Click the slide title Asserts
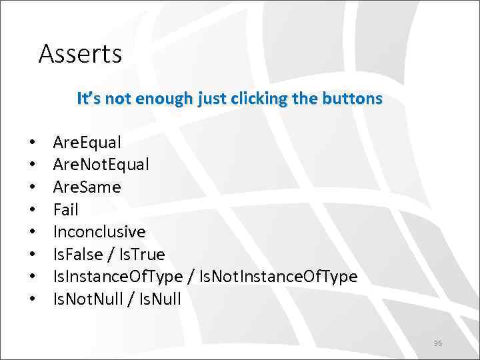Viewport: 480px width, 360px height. (x=80, y=53)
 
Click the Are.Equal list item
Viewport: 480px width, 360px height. (x=87, y=143)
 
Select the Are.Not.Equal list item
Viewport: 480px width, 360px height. (x=101, y=165)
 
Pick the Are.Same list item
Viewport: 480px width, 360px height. (x=87, y=187)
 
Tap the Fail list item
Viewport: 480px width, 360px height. (x=65, y=210)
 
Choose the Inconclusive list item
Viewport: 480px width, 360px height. (x=99, y=232)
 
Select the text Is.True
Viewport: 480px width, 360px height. (x=141, y=255)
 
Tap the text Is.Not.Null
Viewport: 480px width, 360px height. (x=88, y=299)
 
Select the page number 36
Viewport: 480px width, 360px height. (x=438, y=343)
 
